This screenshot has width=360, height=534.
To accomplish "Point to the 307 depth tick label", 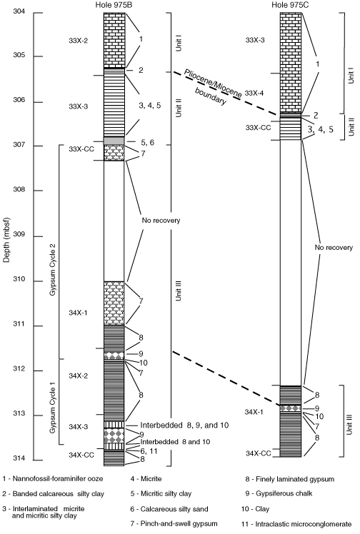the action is pyautogui.click(x=19, y=145).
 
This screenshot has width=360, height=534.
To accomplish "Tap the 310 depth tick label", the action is pyautogui.click(x=19, y=279).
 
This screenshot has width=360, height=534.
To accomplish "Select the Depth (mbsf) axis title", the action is pyautogui.click(x=7, y=240).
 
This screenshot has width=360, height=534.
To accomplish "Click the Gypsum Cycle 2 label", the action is pyautogui.click(x=53, y=269).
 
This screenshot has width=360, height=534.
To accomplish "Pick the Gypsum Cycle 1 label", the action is pyautogui.click(x=53, y=409).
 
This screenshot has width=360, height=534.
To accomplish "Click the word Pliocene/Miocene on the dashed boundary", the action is pyautogui.click(x=213, y=84).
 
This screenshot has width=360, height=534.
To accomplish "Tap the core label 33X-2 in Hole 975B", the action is pyautogui.click(x=79, y=41).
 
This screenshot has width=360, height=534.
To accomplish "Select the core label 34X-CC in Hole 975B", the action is pyautogui.click(x=81, y=455).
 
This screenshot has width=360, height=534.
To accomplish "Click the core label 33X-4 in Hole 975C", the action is pyautogui.click(x=254, y=93).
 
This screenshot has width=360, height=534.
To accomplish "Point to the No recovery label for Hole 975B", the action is pyautogui.click(x=161, y=221).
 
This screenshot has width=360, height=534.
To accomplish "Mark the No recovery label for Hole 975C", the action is pyautogui.click(x=334, y=248).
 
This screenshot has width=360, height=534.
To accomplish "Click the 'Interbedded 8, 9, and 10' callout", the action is pyautogui.click(x=184, y=425).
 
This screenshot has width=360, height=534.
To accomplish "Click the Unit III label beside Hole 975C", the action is pyautogui.click(x=349, y=424).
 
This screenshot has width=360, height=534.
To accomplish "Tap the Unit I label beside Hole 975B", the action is pyautogui.click(x=179, y=44).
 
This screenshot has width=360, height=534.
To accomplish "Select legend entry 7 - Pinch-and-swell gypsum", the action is pyautogui.click(x=174, y=523).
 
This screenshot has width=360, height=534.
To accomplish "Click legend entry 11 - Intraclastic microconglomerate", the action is pyautogui.click(x=296, y=524).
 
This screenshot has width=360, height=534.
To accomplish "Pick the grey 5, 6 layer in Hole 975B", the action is pyautogui.click(x=114, y=141).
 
